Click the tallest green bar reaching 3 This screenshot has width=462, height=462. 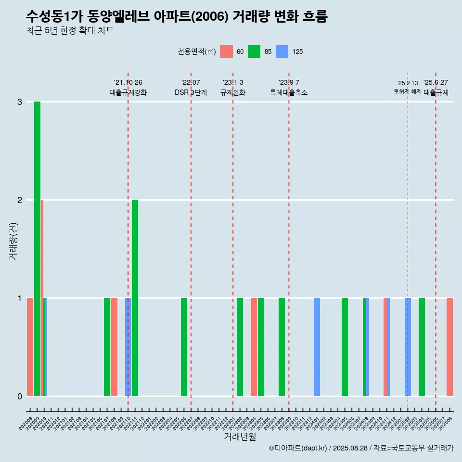point(37,248)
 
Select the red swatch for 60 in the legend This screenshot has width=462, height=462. point(226,51)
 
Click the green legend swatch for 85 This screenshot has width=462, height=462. point(254,51)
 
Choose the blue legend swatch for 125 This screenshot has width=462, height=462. point(282,51)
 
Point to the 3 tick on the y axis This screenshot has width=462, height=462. point(20,102)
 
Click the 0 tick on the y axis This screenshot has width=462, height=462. point(20,396)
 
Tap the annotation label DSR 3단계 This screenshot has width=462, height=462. point(191,92)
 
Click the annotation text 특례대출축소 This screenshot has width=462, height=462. point(289,92)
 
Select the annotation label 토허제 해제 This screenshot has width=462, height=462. point(407,91)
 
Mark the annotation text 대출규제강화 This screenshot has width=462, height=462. point(128,92)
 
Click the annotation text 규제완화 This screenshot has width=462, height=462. point(233,92)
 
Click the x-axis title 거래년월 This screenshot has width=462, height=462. point(240,436)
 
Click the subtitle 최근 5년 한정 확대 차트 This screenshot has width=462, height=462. point(70,31)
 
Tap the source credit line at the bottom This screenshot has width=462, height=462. point(361,448)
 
